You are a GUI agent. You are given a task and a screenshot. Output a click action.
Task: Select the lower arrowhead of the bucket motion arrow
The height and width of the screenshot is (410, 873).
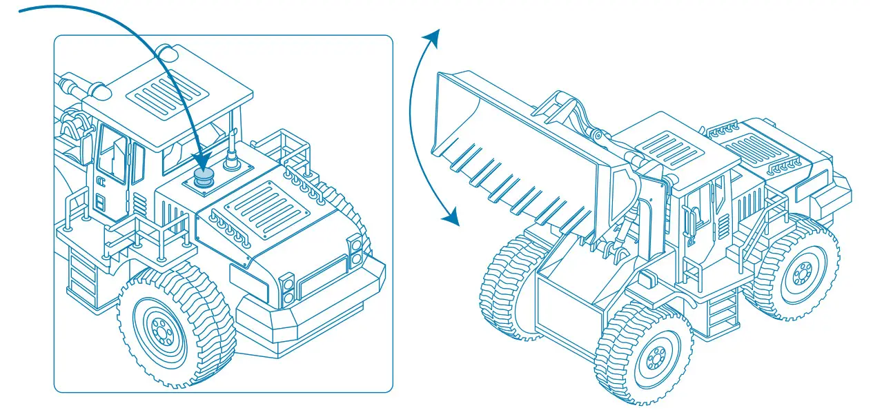pos(451,218)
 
